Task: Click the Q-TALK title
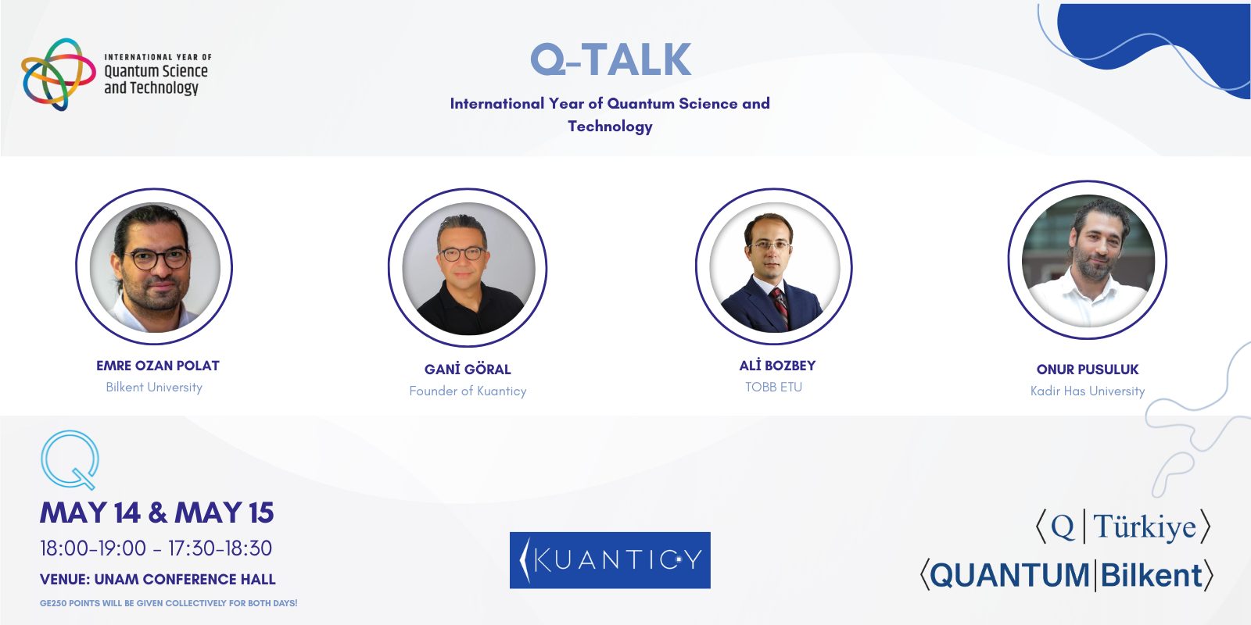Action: coord(611,60)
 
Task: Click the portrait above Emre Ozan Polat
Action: coord(155,267)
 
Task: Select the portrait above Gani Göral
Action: coord(468,269)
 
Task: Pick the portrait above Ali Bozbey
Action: coord(774,267)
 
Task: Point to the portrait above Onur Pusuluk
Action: coord(1088,261)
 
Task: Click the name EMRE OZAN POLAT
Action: coord(158,366)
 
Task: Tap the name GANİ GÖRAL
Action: coord(468,370)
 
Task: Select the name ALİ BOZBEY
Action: coord(777,366)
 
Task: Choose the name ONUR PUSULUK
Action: coord(1088,370)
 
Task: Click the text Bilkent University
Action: coord(154,387)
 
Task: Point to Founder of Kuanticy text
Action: coord(468,391)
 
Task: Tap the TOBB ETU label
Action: coord(773,387)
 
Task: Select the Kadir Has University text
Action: coord(1088,391)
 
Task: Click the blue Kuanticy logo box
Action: coord(610,560)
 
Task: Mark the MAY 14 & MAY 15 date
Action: coord(157,513)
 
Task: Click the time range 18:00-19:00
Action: coord(93,548)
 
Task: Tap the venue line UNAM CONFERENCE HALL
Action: coord(158,580)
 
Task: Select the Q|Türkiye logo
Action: coord(1123,527)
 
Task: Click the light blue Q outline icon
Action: coord(70,459)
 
